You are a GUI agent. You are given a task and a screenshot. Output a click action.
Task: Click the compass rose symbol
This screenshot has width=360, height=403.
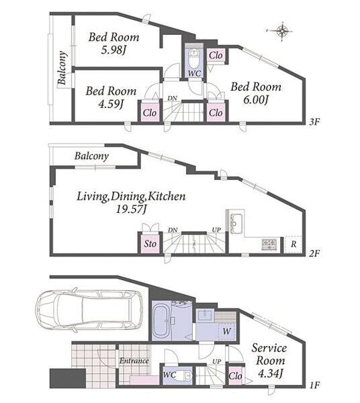pos(282,31)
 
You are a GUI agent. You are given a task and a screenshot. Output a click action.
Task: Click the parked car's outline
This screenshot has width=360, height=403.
pos(90,310)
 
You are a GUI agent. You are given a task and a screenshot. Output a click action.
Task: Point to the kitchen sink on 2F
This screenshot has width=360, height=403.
pos(236,223)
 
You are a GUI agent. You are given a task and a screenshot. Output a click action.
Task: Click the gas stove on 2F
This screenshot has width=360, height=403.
pos(269,244)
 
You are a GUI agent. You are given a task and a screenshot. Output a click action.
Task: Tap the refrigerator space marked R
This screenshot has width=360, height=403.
pos(294,244)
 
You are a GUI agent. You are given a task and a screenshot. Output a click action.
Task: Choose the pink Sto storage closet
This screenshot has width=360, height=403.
pos(150,243)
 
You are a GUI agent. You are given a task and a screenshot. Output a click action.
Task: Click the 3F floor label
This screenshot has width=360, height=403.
pos(314,122)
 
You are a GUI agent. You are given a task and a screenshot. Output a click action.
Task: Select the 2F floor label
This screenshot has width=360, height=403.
pos(314,253)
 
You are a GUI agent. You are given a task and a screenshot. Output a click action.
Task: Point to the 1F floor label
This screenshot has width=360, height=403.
pos(314,385)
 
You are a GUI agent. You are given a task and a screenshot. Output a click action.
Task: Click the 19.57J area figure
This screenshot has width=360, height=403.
pos(132,210)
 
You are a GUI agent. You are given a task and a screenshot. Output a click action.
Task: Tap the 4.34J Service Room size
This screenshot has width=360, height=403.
pos(270,373)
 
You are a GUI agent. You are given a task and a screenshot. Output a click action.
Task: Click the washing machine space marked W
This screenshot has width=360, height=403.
pos(226,331)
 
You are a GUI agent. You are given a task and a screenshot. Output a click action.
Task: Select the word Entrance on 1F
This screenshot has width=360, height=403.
pos(134,361)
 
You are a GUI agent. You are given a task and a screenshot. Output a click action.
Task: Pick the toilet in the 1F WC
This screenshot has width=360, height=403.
pos(185,375)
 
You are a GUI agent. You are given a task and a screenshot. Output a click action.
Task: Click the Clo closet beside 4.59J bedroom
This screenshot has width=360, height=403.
pos(150,112)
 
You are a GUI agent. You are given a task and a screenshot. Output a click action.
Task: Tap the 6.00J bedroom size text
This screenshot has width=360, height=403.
pos(256,99)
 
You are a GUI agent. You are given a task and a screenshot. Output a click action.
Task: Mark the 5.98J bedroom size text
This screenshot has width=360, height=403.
pos(114,50)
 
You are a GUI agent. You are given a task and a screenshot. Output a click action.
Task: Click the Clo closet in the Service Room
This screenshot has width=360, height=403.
pos(235,376)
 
